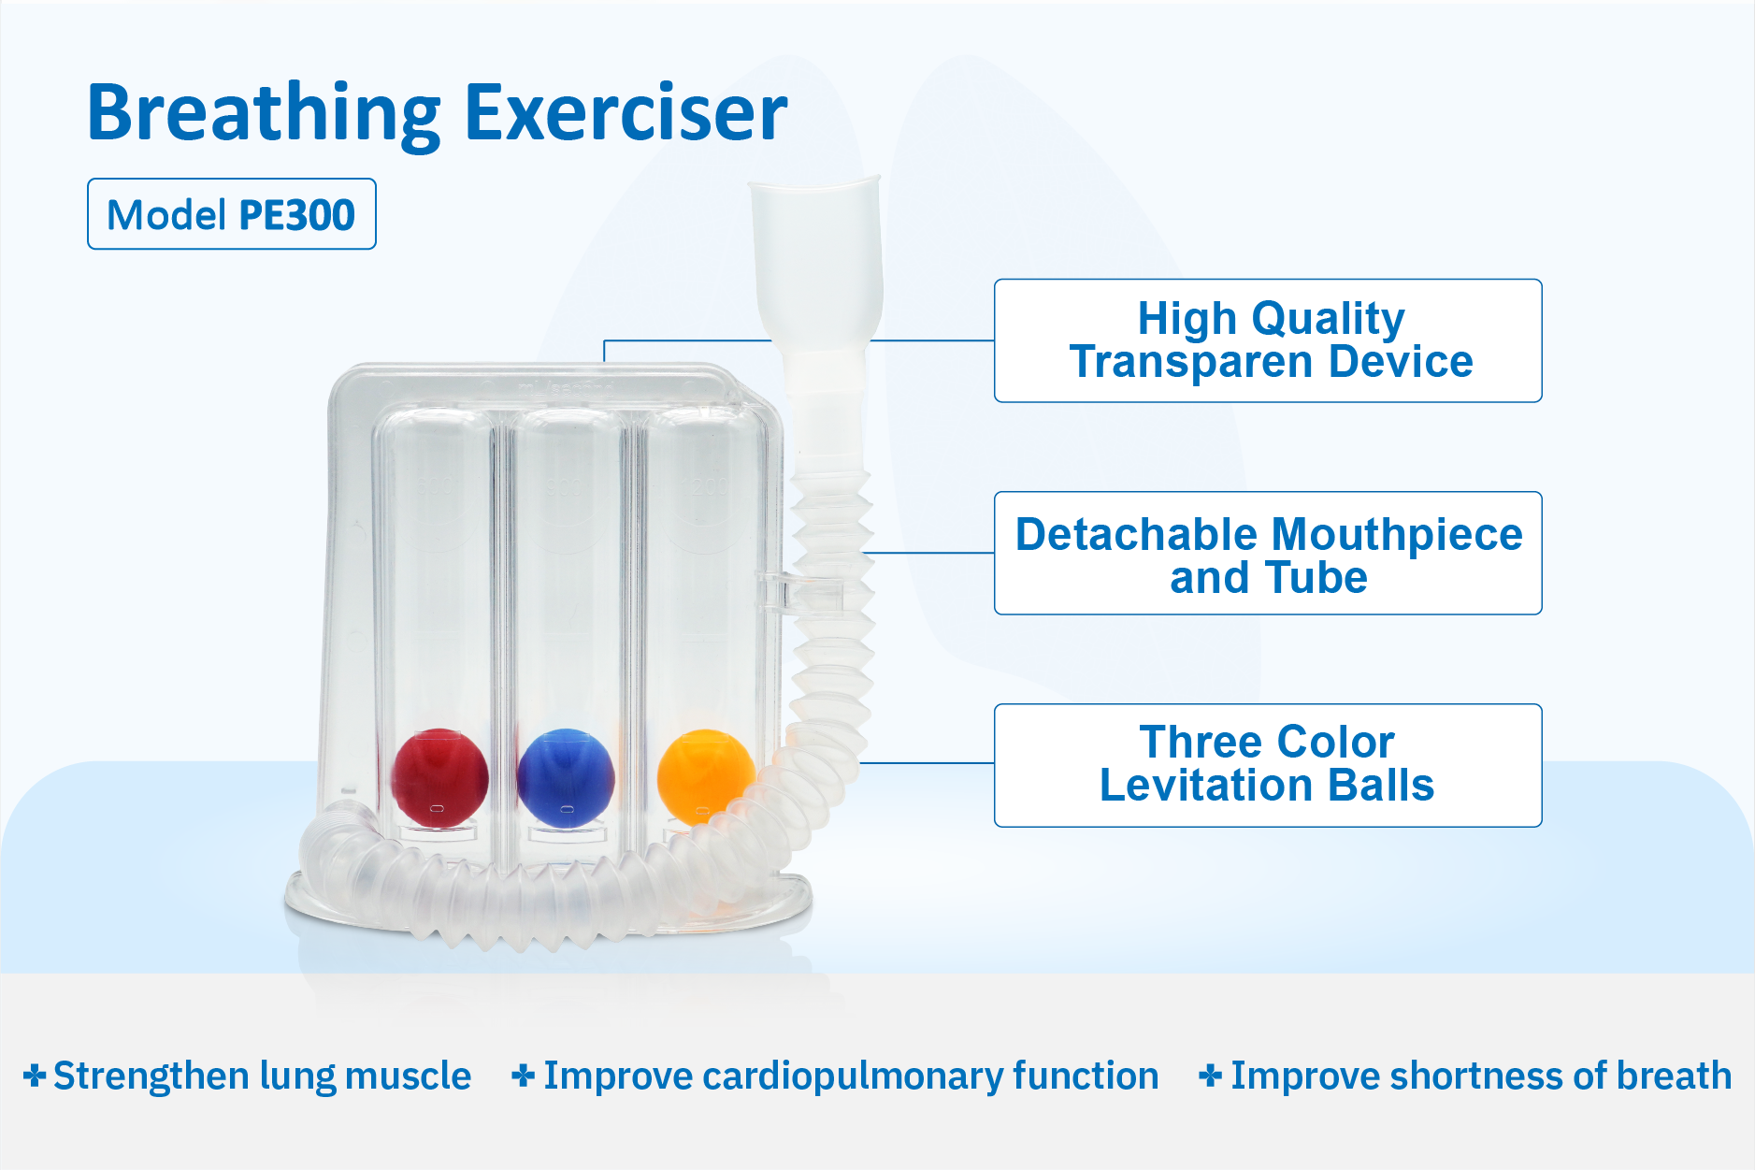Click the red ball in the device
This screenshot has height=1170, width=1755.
coord(439,778)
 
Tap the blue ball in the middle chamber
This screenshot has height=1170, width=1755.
coord(566,778)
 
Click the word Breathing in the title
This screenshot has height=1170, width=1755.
coord(264,114)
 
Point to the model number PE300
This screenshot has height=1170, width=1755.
coord(297,215)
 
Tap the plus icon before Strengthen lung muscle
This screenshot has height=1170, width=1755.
coord(35,1076)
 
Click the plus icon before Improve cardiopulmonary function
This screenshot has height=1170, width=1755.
coord(524,1076)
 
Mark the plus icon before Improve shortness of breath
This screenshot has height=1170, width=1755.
coord(1211,1076)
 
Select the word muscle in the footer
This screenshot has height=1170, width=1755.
coord(408,1076)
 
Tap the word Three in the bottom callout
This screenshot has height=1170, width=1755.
coord(1201,743)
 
